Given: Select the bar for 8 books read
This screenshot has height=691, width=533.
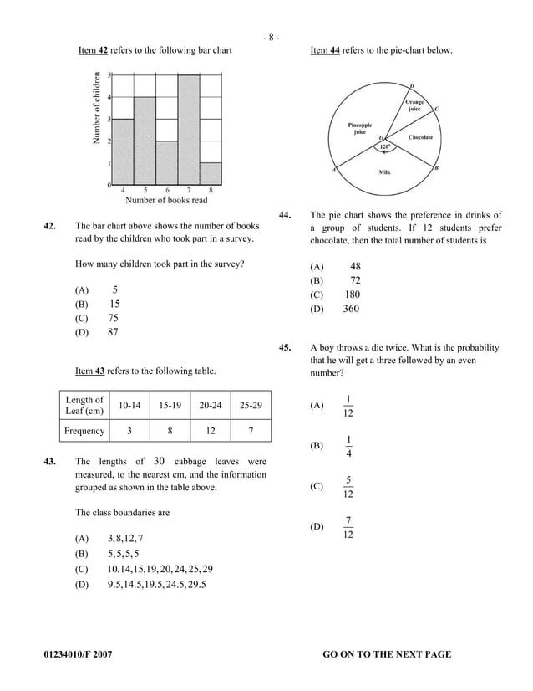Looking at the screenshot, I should point(211,173).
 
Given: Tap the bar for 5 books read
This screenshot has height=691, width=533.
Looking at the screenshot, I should point(145,141).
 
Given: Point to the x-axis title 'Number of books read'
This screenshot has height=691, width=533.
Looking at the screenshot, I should point(166,200).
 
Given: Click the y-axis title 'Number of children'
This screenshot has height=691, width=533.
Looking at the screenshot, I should point(98,109).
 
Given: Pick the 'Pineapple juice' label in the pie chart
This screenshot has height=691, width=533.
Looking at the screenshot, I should point(361,128).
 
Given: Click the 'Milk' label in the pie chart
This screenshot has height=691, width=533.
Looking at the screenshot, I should point(385,171).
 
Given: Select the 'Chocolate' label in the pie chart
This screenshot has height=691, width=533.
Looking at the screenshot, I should point(420,136).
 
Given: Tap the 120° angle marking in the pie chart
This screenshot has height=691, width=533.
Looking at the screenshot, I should point(385,147).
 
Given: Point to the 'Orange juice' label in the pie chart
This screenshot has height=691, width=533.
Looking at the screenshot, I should point(414,105).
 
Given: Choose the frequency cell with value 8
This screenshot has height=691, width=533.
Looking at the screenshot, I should point(170,431).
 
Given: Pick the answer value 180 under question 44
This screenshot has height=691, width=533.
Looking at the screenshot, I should point(352,294).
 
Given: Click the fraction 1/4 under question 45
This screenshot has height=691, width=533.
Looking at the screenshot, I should point(348,446).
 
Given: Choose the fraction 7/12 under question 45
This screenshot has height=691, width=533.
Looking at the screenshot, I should point(348,527).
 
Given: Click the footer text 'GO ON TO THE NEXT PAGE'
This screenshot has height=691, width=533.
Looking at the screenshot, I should point(386,654).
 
